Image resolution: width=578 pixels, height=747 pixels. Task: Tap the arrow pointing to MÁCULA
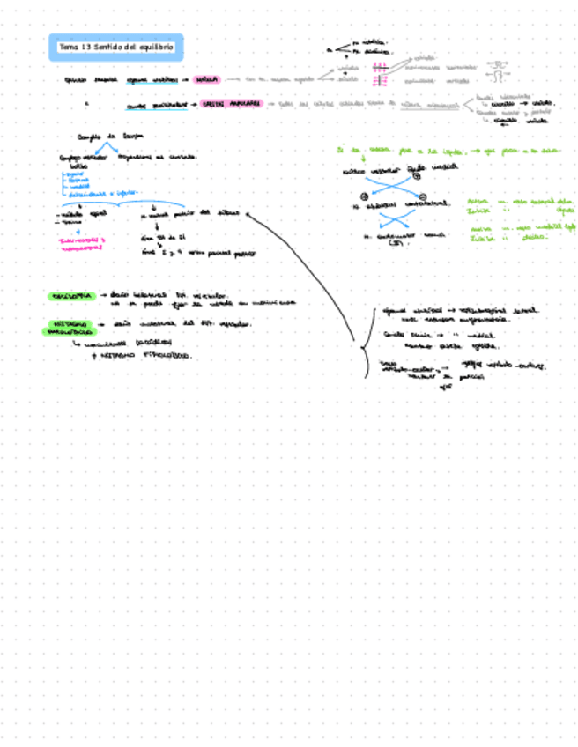coord(185,79)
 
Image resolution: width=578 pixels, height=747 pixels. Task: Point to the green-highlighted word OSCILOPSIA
coord(70,295)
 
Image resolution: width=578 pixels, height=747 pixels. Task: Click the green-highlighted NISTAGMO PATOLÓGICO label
coord(68,328)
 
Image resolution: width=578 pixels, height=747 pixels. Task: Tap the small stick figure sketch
coord(500,68)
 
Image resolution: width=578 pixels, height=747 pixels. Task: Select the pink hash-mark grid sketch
coord(382,74)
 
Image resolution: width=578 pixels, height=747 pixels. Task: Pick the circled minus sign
coord(424,196)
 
